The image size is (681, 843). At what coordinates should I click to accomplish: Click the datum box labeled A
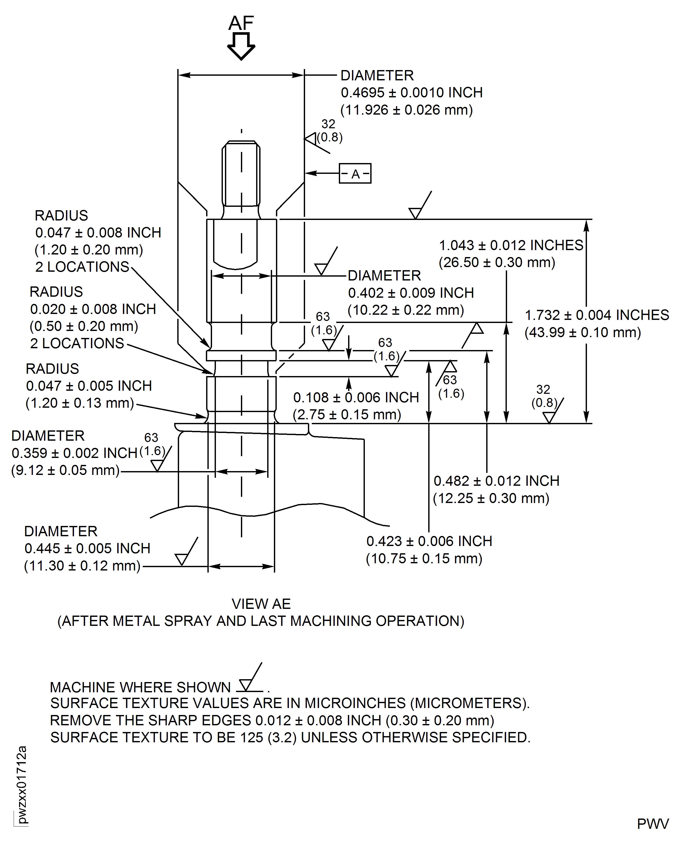355,174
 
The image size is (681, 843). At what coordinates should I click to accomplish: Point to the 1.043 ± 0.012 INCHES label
511,245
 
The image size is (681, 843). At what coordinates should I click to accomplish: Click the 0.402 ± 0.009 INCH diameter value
411,293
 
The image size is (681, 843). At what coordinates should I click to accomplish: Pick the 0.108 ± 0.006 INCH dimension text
356,398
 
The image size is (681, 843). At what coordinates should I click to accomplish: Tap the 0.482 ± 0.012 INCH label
496,481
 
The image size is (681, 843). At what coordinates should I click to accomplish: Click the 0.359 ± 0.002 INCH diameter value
74,453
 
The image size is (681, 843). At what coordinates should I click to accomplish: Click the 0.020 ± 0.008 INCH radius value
93,309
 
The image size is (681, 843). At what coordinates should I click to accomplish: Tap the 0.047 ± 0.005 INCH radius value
89,386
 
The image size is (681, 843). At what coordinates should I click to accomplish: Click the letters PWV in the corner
652,824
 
